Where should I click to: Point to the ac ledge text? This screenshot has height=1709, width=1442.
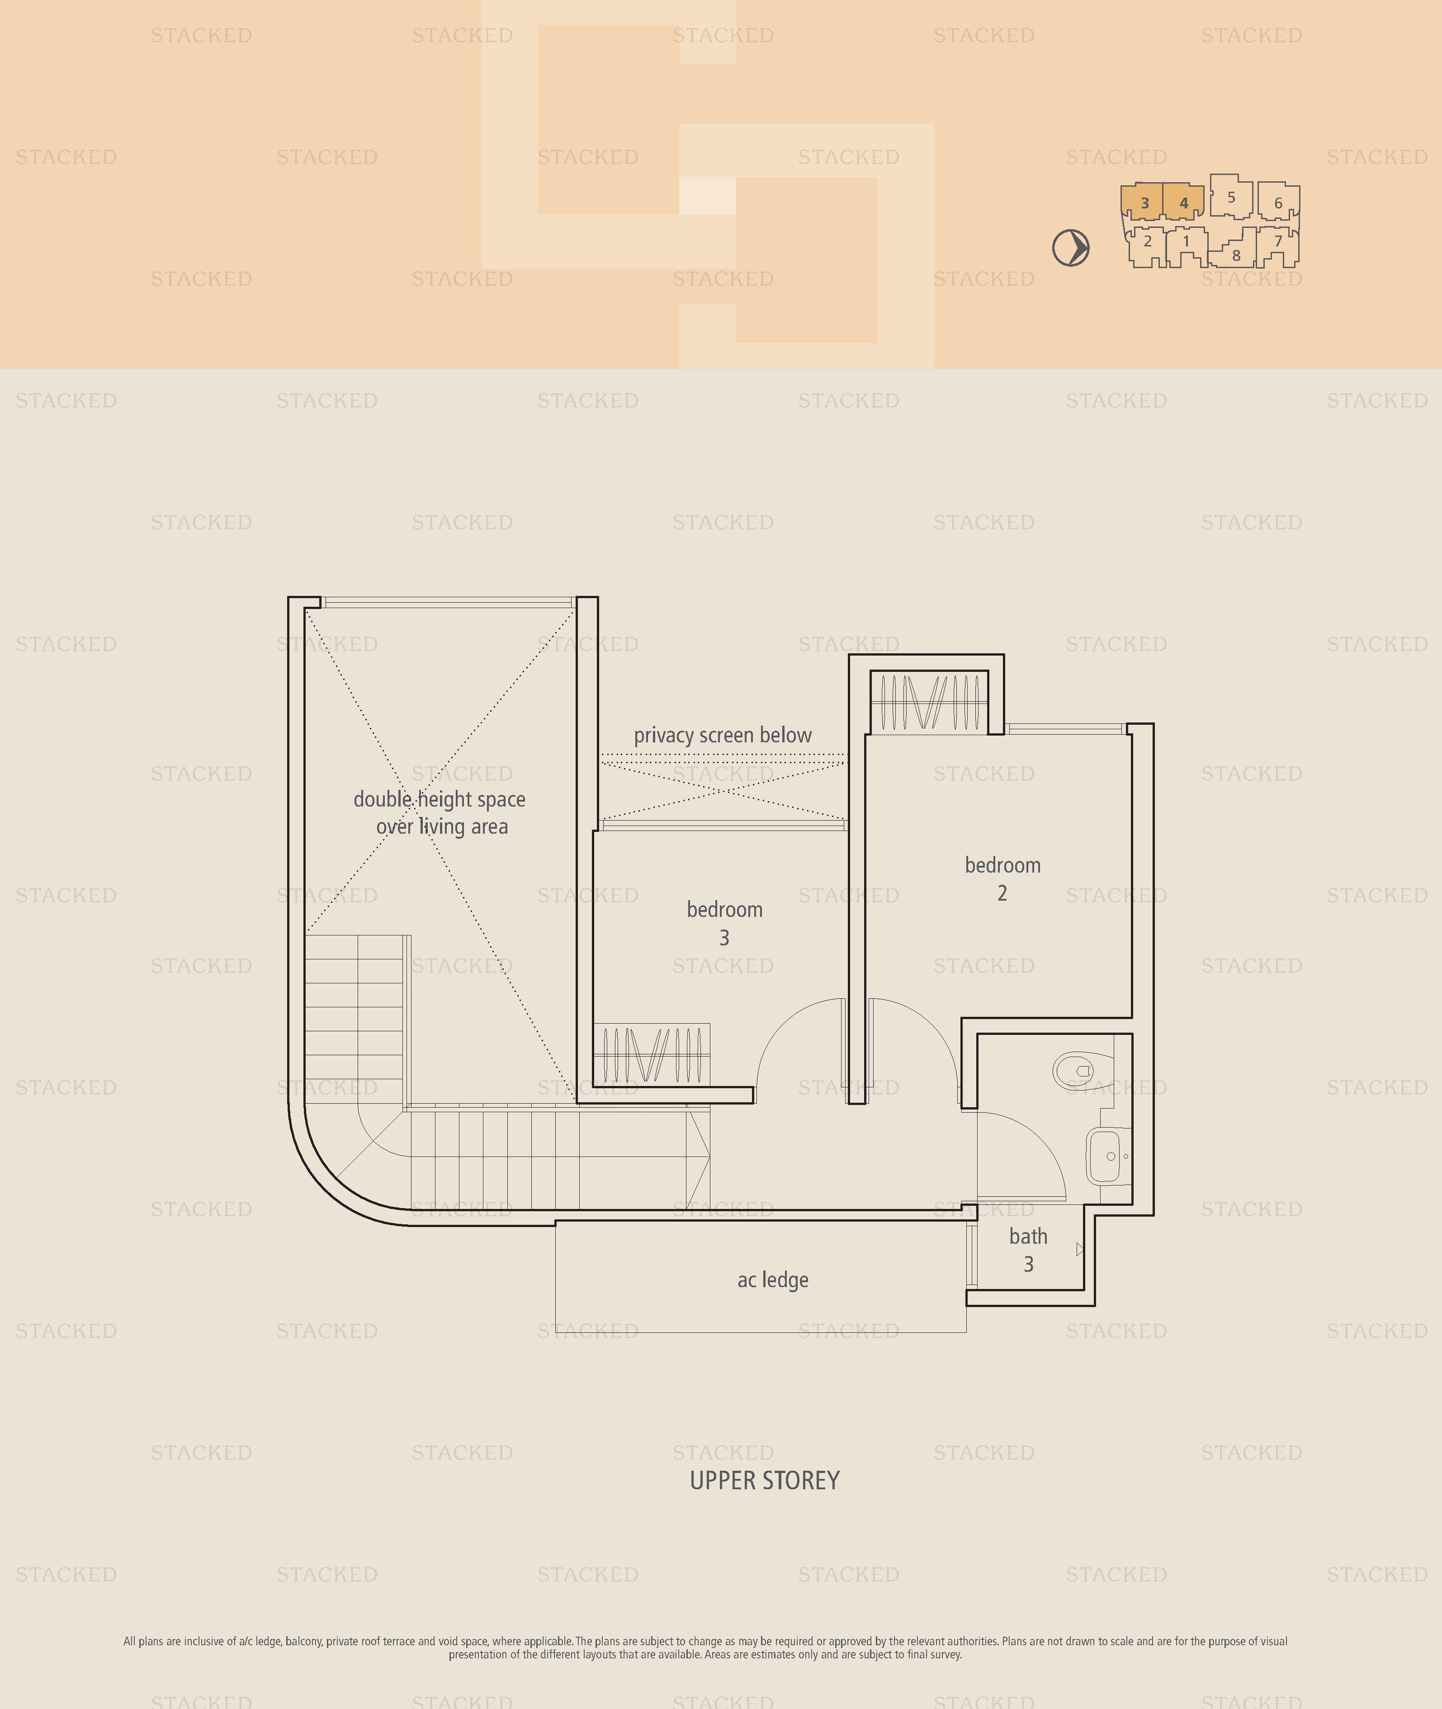pos(772,1280)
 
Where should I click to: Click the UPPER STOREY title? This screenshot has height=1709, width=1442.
pos(764,1480)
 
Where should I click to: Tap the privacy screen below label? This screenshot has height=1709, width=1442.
pos(723,736)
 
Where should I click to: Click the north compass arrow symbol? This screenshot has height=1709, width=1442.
pos(1071,248)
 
